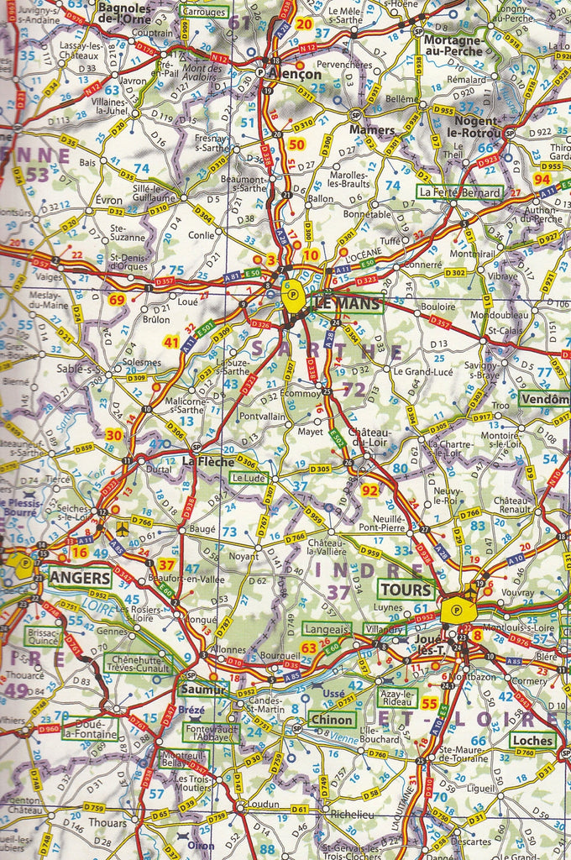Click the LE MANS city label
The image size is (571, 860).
[x=348, y=303]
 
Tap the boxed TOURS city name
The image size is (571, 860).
[x=406, y=589]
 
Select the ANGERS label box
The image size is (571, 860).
[x=80, y=578]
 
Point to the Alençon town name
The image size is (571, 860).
[x=296, y=74]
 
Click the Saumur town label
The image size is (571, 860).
[x=204, y=689]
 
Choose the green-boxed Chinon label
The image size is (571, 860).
[x=331, y=720]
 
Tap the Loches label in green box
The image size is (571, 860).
[x=533, y=740]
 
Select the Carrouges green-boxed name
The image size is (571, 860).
[x=204, y=12]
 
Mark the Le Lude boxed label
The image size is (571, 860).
[x=249, y=478]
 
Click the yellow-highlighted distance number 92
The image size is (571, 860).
[x=369, y=490]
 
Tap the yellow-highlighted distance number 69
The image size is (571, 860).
[x=117, y=300]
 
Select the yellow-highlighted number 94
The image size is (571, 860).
[x=542, y=179]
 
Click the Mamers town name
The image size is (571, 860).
[x=371, y=131]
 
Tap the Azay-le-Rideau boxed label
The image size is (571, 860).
[x=396, y=697]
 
